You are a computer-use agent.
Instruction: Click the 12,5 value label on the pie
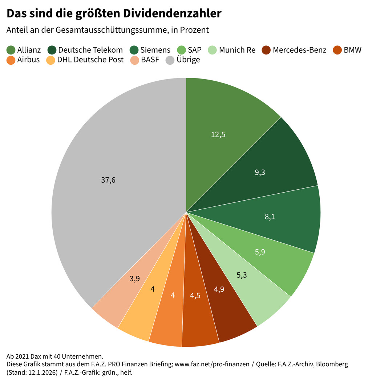(x=218, y=134)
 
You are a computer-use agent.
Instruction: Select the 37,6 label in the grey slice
(x=108, y=180)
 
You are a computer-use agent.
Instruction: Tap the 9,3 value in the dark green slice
(x=260, y=173)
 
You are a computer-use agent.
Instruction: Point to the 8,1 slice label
(x=270, y=217)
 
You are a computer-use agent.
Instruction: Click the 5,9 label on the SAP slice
(x=260, y=251)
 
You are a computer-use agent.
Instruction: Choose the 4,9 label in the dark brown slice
(x=219, y=290)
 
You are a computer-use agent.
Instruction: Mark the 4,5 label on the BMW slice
(x=195, y=295)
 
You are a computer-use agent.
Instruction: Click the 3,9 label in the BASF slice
(x=135, y=279)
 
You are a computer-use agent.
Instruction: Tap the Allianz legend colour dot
(x=11, y=50)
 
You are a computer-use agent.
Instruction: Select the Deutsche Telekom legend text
(x=90, y=50)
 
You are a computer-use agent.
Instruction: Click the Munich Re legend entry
(x=237, y=50)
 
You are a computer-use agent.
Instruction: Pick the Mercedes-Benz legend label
(x=299, y=50)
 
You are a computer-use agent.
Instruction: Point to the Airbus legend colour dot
(x=11, y=60)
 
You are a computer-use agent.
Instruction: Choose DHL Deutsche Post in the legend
(x=90, y=60)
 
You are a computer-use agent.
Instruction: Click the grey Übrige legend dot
(x=170, y=60)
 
